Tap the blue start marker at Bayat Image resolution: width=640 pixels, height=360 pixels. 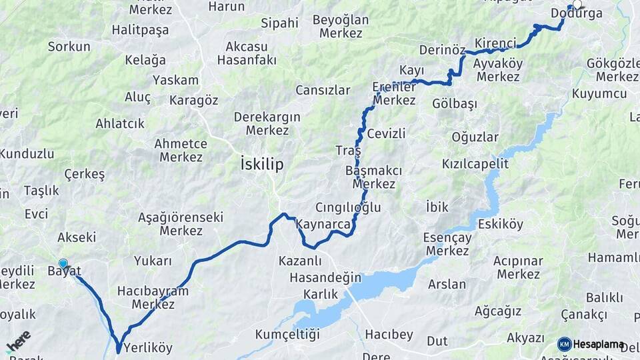pyautogui.click(x=63, y=264)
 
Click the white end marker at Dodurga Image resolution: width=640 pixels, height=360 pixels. pyautogui.click(x=577, y=4)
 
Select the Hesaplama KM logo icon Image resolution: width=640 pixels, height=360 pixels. pyautogui.click(x=565, y=344)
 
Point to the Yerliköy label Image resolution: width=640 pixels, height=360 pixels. pyautogui.click(x=147, y=348)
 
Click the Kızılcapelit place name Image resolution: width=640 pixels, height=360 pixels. pyautogui.click(x=475, y=163)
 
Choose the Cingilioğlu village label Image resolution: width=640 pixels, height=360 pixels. pyautogui.click(x=348, y=207)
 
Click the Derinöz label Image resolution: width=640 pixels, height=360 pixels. pyautogui.click(x=442, y=50)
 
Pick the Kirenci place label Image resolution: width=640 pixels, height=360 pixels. pyautogui.click(x=495, y=43)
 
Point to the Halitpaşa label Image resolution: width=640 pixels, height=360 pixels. pyautogui.click(x=141, y=29)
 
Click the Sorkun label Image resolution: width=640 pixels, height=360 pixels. pyautogui.click(x=69, y=47)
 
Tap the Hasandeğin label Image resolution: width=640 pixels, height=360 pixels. pyautogui.click(x=325, y=277)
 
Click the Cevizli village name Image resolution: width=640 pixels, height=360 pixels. pyautogui.click(x=386, y=133)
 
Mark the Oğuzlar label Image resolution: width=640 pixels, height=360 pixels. pyautogui.click(x=475, y=137)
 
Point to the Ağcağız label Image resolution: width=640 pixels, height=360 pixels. pyautogui.click(x=497, y=311)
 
